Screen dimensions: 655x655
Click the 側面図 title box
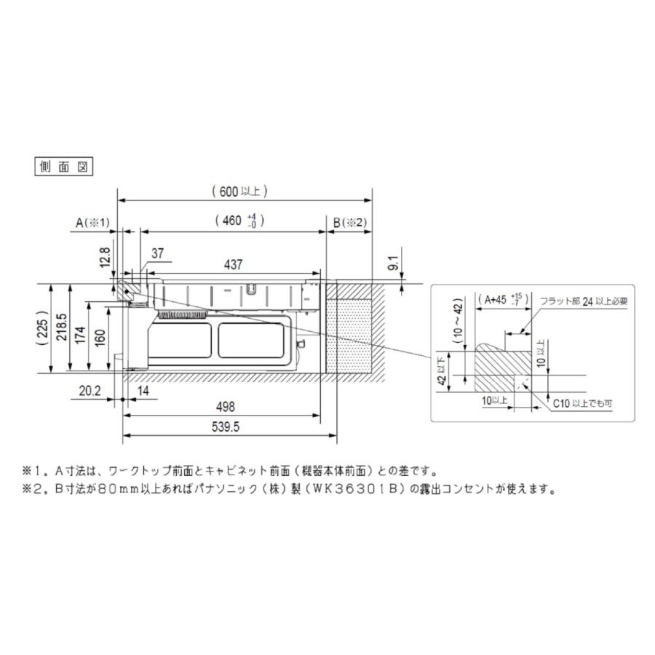(64, 166)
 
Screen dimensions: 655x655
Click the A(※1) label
(92, 223)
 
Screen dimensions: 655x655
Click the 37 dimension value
(158, 253)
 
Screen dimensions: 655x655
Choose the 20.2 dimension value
(88, 392)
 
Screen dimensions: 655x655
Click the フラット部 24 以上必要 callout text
(582, 300)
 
